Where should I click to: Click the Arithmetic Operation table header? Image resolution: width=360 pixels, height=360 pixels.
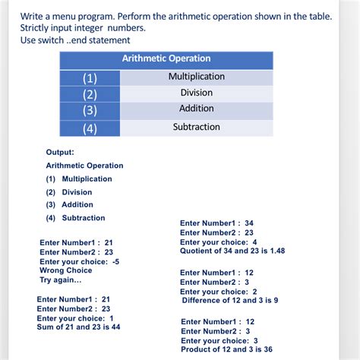coord(166,58)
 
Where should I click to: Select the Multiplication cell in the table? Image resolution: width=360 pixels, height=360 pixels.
coord(197,77)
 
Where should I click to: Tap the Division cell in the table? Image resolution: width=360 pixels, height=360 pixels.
coord(197,93)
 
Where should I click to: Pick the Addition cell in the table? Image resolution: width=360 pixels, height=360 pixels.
coord(196,109)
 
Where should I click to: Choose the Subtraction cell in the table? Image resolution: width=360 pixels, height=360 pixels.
coord(197,127)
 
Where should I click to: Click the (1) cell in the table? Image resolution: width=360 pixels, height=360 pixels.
coord(90,77)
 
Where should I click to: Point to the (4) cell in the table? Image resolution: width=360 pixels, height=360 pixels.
coord(90,128)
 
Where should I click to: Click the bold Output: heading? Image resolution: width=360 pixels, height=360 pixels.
coord(60,152)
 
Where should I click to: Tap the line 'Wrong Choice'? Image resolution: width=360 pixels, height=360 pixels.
coord(65,270)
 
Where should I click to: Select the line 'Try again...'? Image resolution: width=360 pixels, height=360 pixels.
coord(60,279)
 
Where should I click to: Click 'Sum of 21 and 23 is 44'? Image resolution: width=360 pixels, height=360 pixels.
coord(79,327)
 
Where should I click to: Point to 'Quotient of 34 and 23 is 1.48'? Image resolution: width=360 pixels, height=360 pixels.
coord(232,251)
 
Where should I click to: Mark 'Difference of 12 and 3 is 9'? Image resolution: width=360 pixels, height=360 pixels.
coord(230,301)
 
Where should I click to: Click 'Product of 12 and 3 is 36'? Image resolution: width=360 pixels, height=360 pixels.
coord(226,349)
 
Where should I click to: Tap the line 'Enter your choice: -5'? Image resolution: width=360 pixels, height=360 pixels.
coord(79,261)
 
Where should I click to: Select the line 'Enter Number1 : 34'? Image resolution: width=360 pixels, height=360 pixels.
coord(216,223)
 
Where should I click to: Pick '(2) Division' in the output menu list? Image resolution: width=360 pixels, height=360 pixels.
coord(69,192)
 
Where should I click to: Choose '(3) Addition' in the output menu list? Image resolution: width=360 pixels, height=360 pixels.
coord(69,204)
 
